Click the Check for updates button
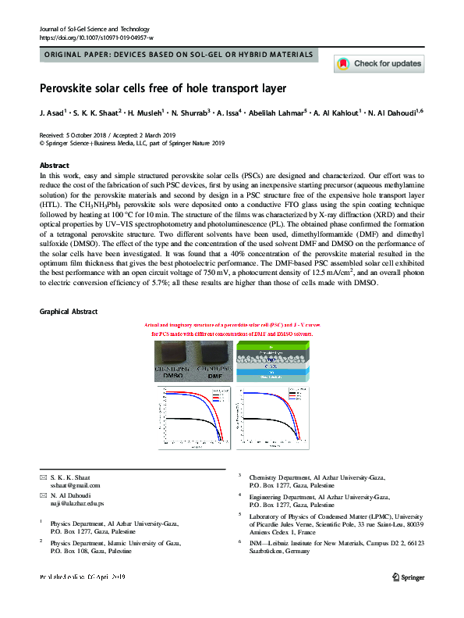point(378,63)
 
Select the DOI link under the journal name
point(96,38)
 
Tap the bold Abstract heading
point(55,166)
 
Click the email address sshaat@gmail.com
point(70,484)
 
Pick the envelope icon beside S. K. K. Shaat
point(43,477)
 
